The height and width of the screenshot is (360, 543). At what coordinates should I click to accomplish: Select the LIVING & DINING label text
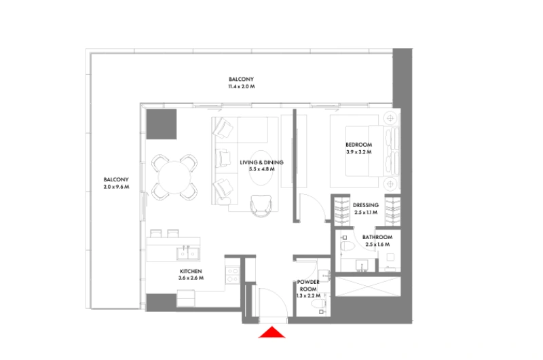coord(261,162)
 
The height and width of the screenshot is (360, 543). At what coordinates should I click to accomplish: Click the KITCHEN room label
coord(191,270)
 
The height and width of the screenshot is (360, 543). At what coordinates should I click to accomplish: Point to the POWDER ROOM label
coord(308,285)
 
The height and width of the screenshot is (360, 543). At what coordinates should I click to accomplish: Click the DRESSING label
coord(366,205)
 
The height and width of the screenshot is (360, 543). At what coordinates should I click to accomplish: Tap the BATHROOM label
coord(379,236)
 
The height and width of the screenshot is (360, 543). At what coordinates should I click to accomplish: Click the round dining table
coord(174,177)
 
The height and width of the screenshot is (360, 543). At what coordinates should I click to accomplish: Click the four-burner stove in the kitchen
coord(233,274)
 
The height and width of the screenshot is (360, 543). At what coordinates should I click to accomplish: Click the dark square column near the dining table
coord(162,123)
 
